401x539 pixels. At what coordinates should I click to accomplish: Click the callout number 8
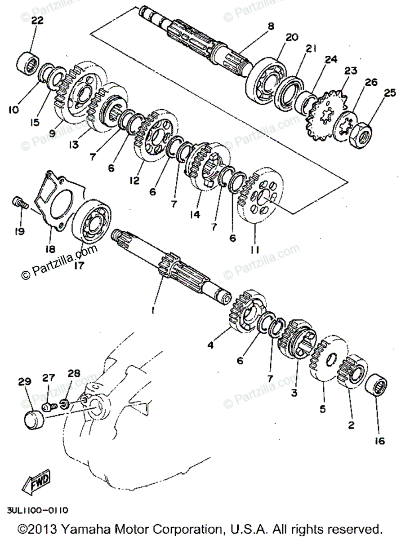click(x=271, y=27)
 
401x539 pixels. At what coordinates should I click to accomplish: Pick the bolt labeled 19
click(x=19, y=203)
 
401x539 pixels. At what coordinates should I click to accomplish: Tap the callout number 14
click(x=194, y=215)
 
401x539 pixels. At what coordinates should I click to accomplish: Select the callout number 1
click(x=153, y=310)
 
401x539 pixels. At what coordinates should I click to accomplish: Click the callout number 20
click(x=292, y=38)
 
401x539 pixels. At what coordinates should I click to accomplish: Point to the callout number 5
click(x=323, y=409)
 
